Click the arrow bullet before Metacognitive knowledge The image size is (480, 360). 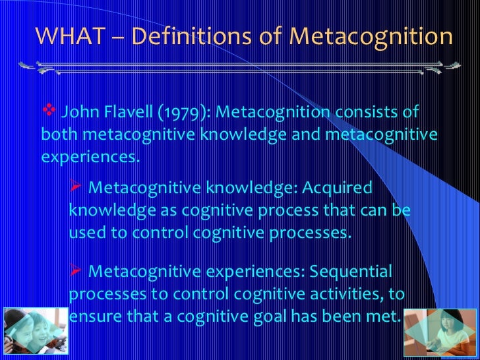pos(75,187)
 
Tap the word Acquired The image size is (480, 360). pos(338,188)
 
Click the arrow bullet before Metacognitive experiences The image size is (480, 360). pos(75,270)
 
